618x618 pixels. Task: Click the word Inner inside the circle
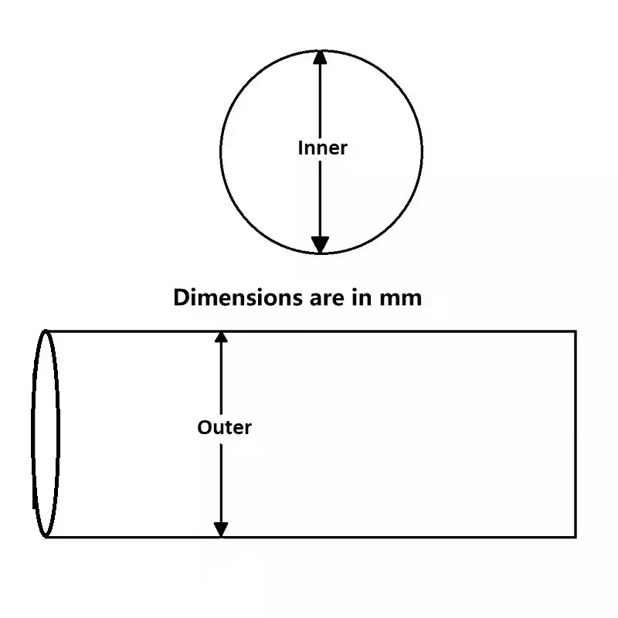(322, 148)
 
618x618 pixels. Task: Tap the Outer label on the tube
(224, 426)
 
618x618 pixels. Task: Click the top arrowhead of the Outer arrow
(221, 338)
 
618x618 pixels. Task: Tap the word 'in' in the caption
(353, 297)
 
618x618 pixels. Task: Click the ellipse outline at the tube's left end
(35, 433)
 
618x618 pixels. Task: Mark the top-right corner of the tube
(576, 331)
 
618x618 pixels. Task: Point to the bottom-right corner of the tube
(576, 535)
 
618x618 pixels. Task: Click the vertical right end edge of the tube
(576, 433)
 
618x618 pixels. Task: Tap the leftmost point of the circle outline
(221, 151)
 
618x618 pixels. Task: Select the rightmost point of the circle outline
(422, 151)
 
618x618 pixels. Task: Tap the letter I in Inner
(301, 148)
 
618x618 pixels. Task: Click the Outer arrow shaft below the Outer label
(221, 483)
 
